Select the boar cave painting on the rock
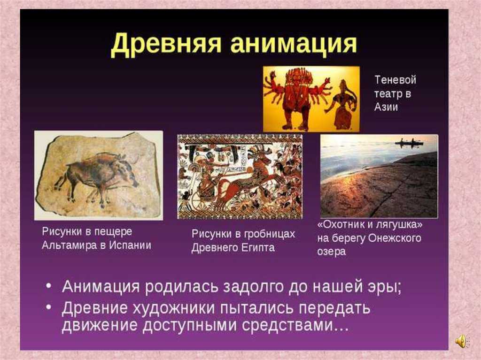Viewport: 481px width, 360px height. click(x=96, y=176)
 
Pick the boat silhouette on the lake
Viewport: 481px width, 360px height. click(x=409, y=143)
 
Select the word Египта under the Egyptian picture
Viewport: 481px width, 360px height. click(x=257, y=248)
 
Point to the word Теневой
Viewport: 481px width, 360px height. click(x=395, y=80)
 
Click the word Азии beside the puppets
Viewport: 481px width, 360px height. click(x=386, y=107)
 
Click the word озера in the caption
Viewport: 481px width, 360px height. click(x=332, y=252)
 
